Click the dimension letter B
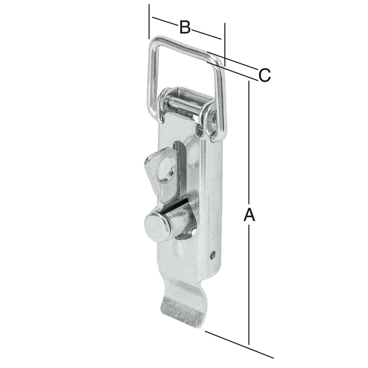pos(185,27)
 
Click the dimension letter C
pos(265,75)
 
